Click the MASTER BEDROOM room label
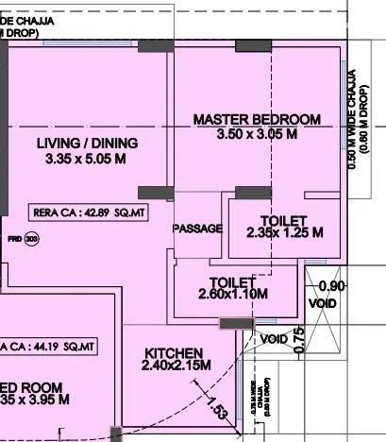tap(256, 119)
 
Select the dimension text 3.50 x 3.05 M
tap(256, 135)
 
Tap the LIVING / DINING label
tap(87, 143)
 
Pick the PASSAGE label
tap(198, 229)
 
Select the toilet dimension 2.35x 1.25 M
tap(285, 232)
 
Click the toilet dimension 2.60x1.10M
tap(233, 294)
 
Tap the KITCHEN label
tap(175, 351)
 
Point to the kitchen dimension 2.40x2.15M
tap(176, 365)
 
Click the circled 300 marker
tap(32, 239)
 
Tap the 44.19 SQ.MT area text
tap(53, 347)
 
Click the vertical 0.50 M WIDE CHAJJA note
tap(351, 122)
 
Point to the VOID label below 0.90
tap(323, 303)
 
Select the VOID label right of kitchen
tap(274, 338)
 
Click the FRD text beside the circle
tap(15, 239)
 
